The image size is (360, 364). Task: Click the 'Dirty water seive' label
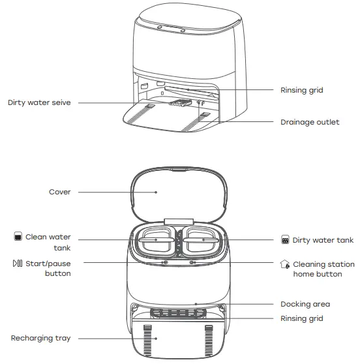click(x=39, y=102)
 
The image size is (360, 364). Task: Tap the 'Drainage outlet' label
click(x=310, y=122)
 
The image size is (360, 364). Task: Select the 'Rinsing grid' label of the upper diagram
click(x=301, y=90)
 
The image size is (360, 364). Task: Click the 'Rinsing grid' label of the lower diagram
click(x=301, y=318)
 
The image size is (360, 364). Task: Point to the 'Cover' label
click(x=59, y=192)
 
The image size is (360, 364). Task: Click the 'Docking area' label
click(x=305, y=304)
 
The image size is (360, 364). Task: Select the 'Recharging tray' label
click(x=41, y=338)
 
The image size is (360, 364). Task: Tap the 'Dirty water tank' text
click(x=323, y=240)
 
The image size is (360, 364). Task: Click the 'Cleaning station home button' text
click(x=323, y=269)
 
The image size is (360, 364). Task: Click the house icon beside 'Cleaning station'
click(x=284, y=264)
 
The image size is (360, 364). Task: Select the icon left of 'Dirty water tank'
click(x=284, y=240)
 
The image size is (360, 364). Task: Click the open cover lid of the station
click(x=179, y=196)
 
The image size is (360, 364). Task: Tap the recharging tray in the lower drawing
click(x=179, y=339)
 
